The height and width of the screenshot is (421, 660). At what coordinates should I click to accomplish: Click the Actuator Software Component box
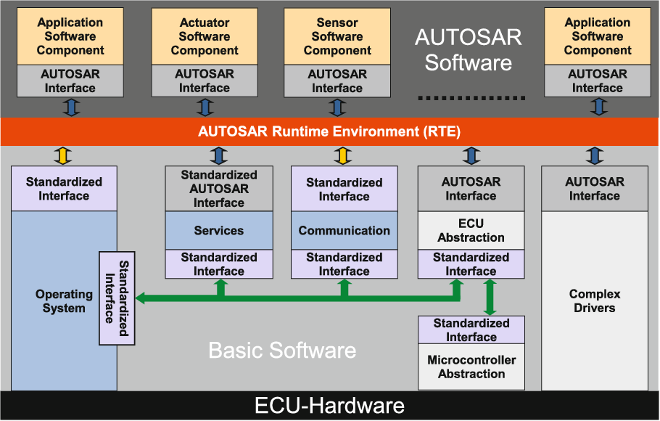pyautogui.click(x=205, y=37)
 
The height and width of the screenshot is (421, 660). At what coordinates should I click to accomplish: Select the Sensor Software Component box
pyautogui.click(x=337, y=37)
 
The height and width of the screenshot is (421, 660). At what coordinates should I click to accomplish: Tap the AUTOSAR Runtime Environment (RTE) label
pyautogui.click(x=329, y=132)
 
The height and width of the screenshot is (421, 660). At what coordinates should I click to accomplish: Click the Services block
pyautogui.click(x=218, y=231)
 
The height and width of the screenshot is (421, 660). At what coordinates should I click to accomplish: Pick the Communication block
pyautogui.click(x=345, y=231)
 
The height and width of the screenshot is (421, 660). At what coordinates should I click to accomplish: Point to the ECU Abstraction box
pyautogui.click(x=471, y=231)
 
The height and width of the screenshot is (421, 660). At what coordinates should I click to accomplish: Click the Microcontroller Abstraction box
pyautogui.click(x=471, y=367)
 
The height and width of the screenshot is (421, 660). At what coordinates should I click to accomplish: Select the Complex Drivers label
pyautogui.click(x=595, y=301)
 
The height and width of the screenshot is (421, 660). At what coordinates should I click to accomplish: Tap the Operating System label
pyautogui.click(x=64, y=301)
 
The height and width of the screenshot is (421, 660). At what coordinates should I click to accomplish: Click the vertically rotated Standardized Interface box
pyautogui.click(x=117, y=298)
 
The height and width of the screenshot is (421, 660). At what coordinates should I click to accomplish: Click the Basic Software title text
pyautogui.click(x=282, y=351)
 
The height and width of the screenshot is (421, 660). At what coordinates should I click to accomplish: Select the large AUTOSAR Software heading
pyautogui.click(x=469, y=50)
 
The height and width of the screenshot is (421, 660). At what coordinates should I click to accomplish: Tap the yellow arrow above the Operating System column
pyautogui.click(x=64, y=155)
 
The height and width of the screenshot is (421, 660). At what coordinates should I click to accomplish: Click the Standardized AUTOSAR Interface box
pyautogui.click(x=218, y=189)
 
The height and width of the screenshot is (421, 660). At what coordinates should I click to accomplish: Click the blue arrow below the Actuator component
pyautogui.click(x=205, y=107)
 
